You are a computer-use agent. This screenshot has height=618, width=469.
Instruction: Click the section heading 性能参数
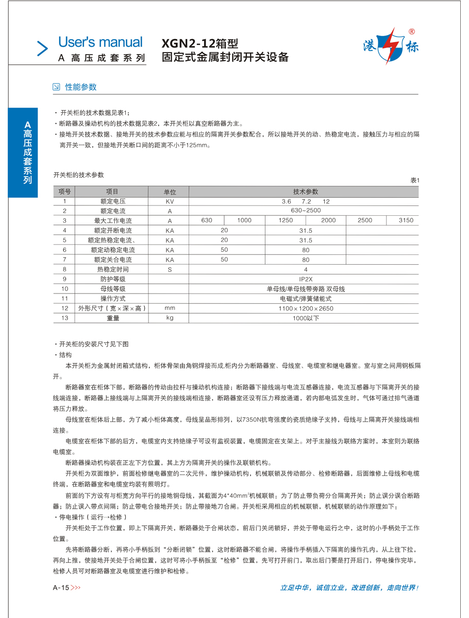click(80, 87)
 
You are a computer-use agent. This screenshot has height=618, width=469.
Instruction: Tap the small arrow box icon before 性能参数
click(57, 87)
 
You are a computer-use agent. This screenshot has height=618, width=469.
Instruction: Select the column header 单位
click(170, 192)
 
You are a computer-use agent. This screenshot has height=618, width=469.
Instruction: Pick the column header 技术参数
click(306, 192)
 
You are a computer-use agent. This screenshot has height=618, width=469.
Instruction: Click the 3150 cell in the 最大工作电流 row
click(406, 221)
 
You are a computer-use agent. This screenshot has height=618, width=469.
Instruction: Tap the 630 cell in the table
click(207, 221)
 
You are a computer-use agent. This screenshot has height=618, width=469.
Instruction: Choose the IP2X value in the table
click(306, 279)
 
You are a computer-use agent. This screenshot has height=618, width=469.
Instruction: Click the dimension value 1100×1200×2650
click(306, 308)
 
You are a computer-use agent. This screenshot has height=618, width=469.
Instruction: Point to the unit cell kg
click(170, 318)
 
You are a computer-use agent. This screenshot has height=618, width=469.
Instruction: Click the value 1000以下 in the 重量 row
click(306, 318)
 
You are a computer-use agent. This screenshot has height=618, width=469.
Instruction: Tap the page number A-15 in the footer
click(61, 588)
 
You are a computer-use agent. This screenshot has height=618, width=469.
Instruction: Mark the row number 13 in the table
click(65, 318)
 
